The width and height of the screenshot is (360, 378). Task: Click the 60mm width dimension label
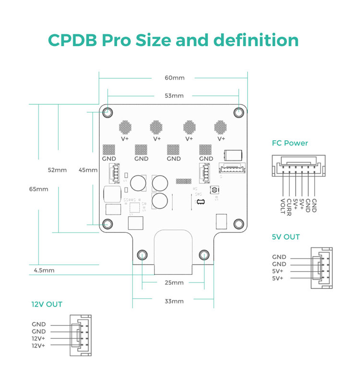pyautogui.click(x=174, y=78)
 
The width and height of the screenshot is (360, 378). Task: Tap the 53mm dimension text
pyautogui.click(x=174, y=96)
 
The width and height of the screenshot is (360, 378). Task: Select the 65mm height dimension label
pyautogui.click(x=38, y=189)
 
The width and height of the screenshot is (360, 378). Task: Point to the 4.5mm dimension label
pyautogui.click(x=44, y=270)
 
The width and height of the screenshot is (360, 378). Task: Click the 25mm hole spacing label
pyautogui.click(x=174, y=282)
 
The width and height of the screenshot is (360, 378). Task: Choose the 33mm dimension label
pyautogui.click(x=174, y=301)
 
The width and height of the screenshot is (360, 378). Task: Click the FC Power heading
pyautogui.click(x=290, y=143)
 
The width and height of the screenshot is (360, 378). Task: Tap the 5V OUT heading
pyautogui.click(x=286, y=237)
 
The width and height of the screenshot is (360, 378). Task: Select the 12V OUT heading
pyautogui.click(x=47, y=304)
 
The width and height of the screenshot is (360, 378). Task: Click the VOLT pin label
pyautogui.click(x=283, y=207)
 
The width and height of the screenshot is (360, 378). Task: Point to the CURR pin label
pyautogui.click(x=288, y=207)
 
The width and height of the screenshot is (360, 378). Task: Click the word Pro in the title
pyautogui.click(x=116, y=40)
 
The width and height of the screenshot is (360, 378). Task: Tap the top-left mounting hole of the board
pyautogui.click(x=108, y=112)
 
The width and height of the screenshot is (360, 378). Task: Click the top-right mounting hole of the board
pyautogui.click(x=239, y=112)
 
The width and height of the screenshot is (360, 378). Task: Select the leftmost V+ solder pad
pyautogui.click(x=125, y=127)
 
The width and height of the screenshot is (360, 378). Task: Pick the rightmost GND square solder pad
pyautogui.click(x=205, y=150)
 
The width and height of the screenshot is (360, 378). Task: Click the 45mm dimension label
pyautogui.click(x=88, y=170)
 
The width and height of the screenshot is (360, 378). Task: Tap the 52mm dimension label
pyautogui.click(x=57, y=170)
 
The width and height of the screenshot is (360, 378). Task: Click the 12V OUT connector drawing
pyautogui.click(x=81, y=335)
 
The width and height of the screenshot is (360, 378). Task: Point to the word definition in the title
pyautogui.click(x=256, y=40)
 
